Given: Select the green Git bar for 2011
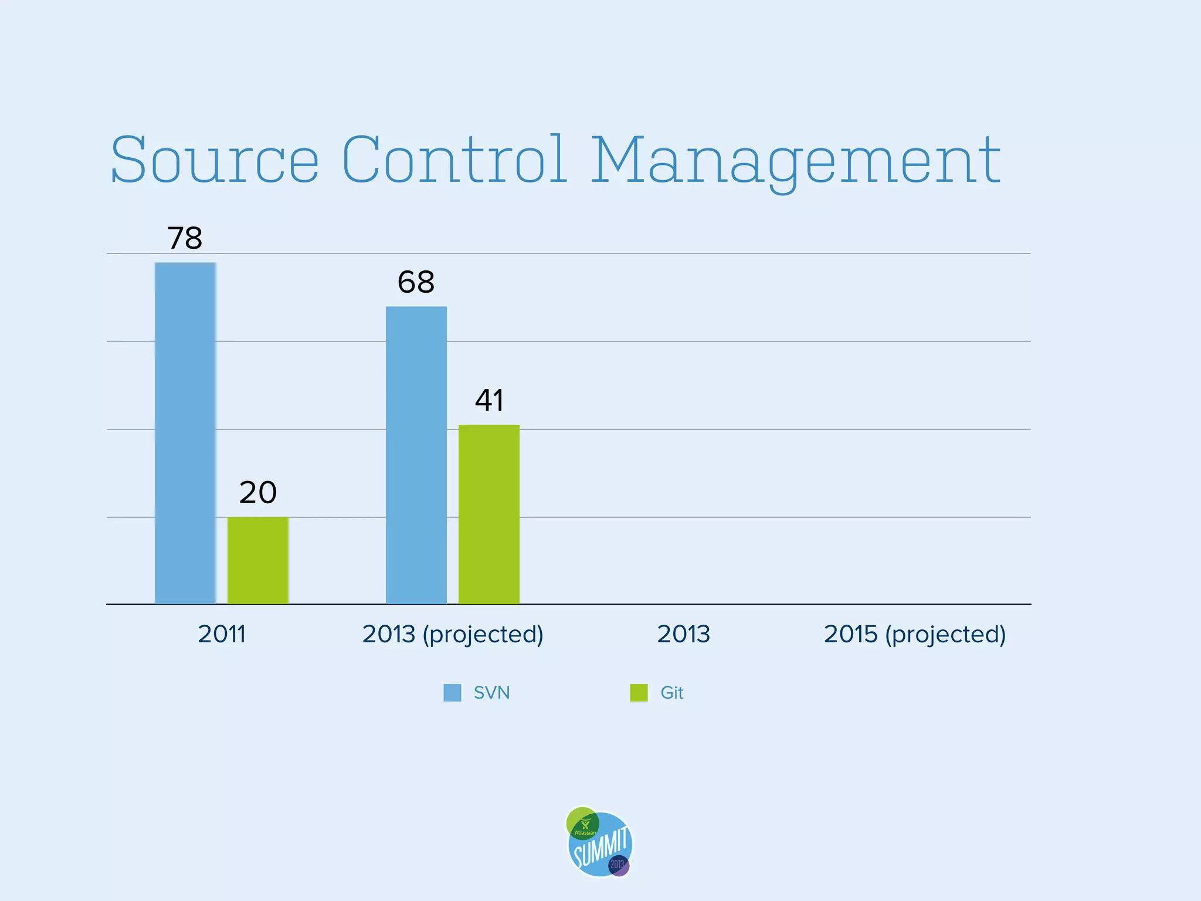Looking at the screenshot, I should (x=257, y=560).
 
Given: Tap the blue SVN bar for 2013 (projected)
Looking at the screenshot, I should (x=416, y=455).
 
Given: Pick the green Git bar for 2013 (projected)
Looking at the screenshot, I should (x=488, y=514).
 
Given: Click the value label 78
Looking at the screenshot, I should (x=185, y=238).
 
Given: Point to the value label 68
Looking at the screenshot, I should (x=416, y=282).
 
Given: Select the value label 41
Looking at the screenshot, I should (x=489, y=401).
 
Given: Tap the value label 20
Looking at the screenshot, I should (x=257, y=493).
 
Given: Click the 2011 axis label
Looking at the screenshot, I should (x=221, y=634).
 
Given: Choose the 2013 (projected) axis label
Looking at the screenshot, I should (x=453, y=635).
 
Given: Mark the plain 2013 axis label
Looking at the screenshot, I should (x=683, y=634).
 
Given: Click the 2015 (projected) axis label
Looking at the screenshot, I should (x=914, y=635).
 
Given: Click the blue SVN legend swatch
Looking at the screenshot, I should (x=452, y=693).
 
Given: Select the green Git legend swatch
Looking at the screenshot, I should (x=639, y=693).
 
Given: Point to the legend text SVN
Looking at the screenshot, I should (x=491, y=693).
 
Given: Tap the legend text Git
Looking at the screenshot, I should (x=671, y=693).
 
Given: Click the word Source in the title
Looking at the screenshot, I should (x=215, y=160).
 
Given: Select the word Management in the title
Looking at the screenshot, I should (x=795, y=160).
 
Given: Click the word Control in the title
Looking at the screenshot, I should (x=454, y=160).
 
